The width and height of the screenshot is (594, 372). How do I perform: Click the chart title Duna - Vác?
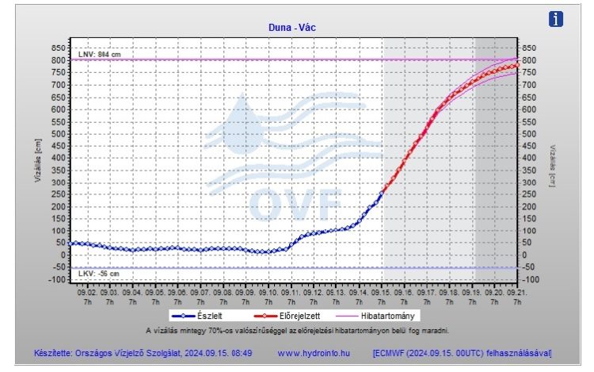click(x=293, y=27)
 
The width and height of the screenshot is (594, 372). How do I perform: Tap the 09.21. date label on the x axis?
click(x=516, y=293)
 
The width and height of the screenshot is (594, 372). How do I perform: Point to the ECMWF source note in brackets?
click(x=462, y=351)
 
